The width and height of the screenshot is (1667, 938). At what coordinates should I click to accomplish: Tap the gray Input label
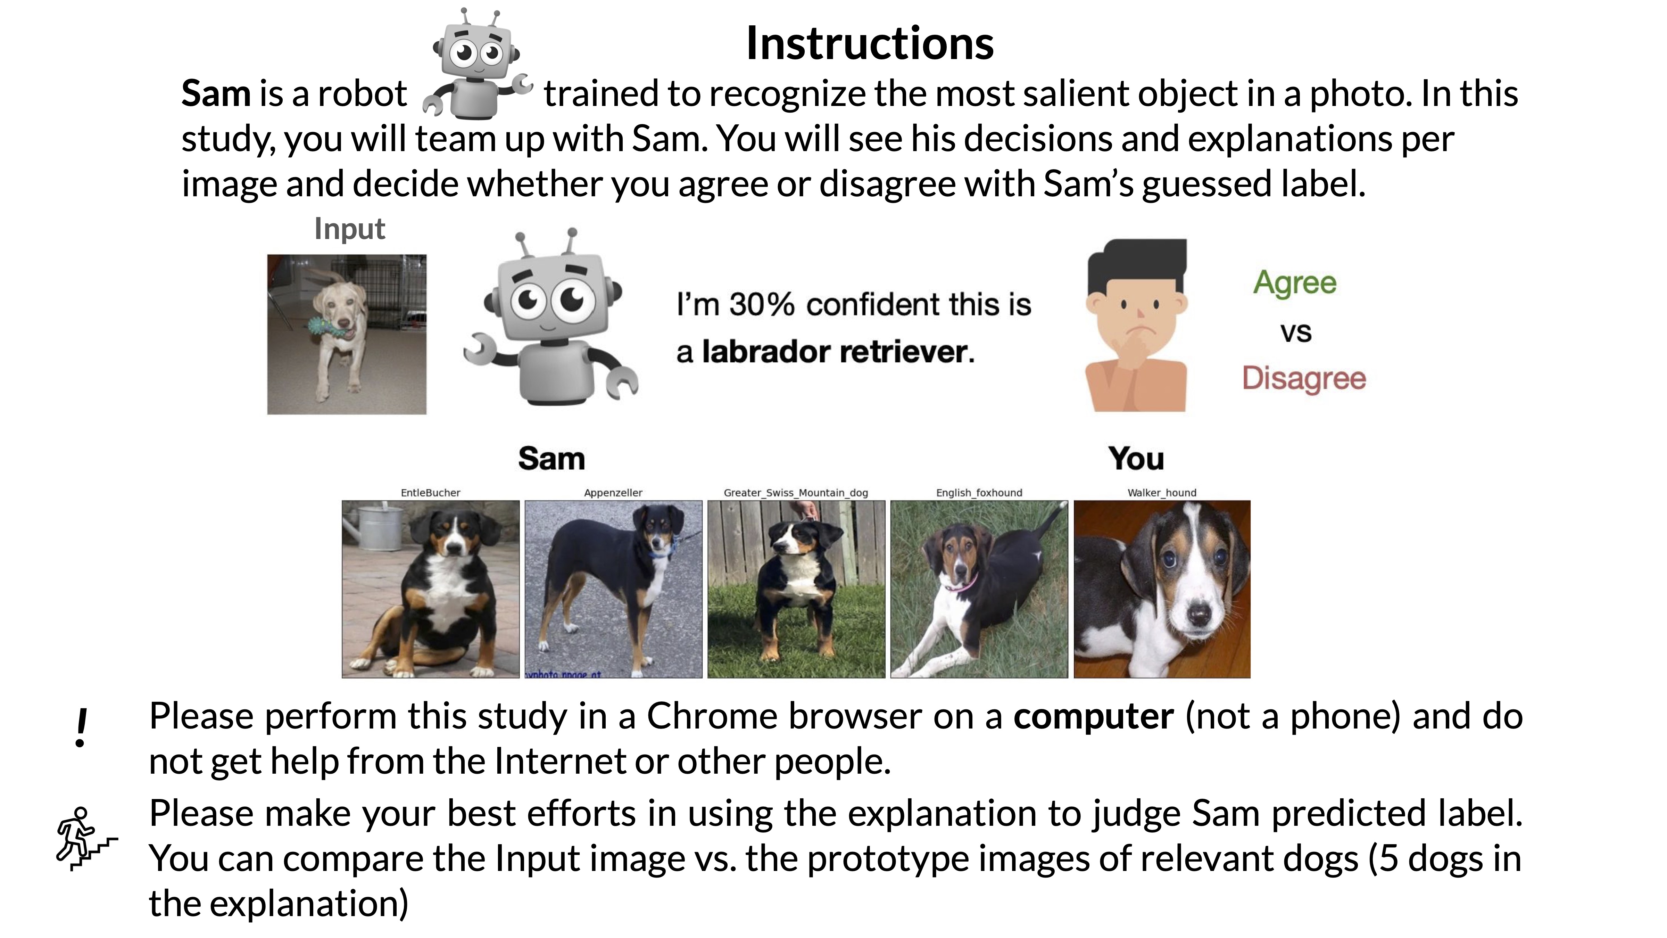[x=349, y=230]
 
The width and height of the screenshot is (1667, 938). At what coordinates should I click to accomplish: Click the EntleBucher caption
[x=430, y=493]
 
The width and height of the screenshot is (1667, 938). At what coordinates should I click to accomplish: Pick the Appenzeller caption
[x=613, y=493]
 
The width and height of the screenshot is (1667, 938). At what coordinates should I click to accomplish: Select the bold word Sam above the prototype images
[x=551, y=459]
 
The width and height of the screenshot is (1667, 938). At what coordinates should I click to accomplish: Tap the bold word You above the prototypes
[x=1136, y=459]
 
